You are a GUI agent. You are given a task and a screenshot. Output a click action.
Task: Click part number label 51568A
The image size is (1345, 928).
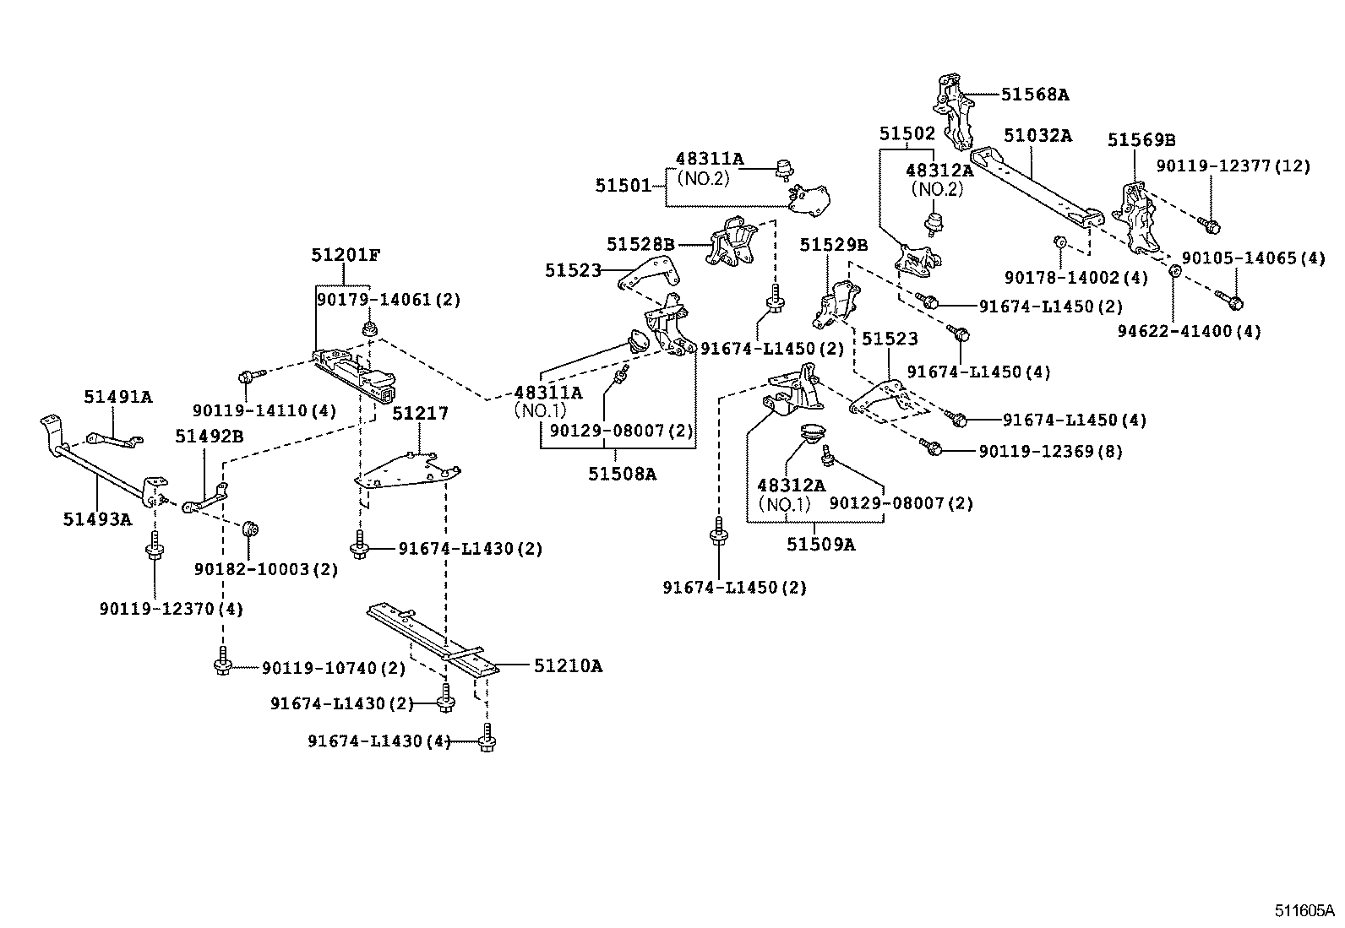click(1035, 95)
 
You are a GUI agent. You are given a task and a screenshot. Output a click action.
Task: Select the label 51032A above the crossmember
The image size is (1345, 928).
click(1037, 135)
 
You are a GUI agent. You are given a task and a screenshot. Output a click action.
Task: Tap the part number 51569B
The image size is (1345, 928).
click(1141, 140)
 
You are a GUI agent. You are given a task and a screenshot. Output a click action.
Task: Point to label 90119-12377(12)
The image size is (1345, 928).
click(1233, 167)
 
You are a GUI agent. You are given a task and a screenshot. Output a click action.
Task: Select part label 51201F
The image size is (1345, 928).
click(345, 254)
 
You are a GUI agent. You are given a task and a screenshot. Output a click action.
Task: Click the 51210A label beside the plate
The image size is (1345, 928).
click(568, 666)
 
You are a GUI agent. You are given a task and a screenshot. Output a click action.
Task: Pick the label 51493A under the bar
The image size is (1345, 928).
click(97, 519)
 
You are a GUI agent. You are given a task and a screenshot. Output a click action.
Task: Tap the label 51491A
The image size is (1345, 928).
click(117, 397)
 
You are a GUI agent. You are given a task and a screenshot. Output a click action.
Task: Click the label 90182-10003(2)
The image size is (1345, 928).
click(265, 570)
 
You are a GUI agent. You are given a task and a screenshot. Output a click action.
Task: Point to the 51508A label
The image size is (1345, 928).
click(622, 474)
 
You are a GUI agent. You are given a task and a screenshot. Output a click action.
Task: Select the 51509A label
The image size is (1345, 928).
click(820, 545)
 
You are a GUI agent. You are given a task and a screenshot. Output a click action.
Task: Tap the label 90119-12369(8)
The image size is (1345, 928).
click(1050, 452)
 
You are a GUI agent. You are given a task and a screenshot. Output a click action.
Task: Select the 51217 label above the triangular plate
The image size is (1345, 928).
click(420, 414)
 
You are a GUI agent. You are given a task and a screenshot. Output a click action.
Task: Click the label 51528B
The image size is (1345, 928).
click(640, 245)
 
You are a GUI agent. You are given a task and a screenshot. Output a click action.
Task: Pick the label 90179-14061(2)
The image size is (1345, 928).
click(389, 300)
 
